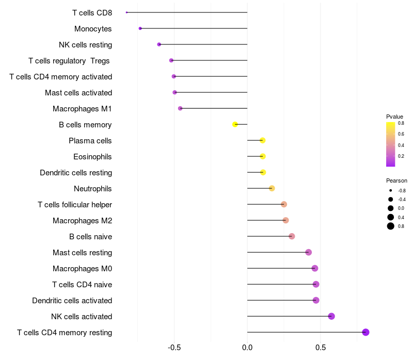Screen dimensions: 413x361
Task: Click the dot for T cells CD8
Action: coord(126,12)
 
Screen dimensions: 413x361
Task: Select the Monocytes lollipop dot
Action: coord(140,28)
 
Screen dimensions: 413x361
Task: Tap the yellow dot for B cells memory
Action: coord(235,124)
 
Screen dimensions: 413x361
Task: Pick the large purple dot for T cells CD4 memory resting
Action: coord(366,332)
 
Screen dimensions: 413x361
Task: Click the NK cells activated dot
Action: coord(331,316)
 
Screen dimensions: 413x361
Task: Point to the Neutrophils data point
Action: coord(272,188)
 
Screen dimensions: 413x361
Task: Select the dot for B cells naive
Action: coord(292,236)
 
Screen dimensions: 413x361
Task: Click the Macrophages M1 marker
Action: coord(180,108)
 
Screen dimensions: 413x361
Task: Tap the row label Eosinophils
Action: coord(92,157)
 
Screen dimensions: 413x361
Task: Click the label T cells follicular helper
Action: coord(75,205)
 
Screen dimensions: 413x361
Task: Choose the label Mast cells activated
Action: coord(78,93)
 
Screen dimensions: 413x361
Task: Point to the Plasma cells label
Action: coord(90,141)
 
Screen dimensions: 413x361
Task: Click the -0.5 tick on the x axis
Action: coord(174,348)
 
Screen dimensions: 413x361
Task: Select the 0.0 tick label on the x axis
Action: coord(247,348)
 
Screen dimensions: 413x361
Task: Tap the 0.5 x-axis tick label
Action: coord(320,348)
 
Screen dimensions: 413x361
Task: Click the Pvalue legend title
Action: coord(394,117)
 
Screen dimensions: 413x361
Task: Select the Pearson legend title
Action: coord(396,180)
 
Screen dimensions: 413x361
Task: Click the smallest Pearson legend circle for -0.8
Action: coord(391,190)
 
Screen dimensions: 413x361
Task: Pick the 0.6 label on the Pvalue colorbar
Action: coord(401,134)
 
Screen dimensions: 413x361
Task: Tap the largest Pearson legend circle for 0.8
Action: coord(391,226)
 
